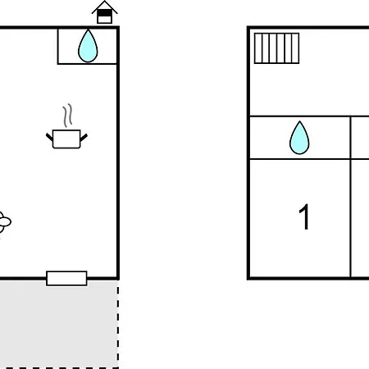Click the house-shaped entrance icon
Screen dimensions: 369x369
pos(105,12)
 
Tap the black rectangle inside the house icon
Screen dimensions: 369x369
pos(105,13)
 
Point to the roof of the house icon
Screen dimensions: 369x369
pos(105,7)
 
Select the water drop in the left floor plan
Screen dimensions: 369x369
pos(88,46)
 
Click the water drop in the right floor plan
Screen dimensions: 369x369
pos(299,138)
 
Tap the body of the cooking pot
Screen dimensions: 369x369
pos(66,139)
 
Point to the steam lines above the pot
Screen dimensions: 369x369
pos(68,116)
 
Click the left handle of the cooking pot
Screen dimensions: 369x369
pos(49,137)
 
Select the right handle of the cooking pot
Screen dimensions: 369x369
pos(84,137)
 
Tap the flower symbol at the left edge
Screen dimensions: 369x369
pos(4,222)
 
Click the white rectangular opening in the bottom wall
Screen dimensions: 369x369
pos(66,278)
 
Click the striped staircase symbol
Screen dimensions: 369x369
pos(276,48)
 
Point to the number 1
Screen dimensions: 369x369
pos(304,217)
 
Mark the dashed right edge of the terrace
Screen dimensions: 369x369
pos(118,324)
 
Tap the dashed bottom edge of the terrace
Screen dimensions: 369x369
pos(59,368)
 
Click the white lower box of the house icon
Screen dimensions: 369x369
pos(105,20)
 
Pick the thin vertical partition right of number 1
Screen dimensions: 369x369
pos(350,198)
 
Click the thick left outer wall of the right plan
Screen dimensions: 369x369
pos(248,153)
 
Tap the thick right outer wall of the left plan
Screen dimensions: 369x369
pos(118,153)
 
